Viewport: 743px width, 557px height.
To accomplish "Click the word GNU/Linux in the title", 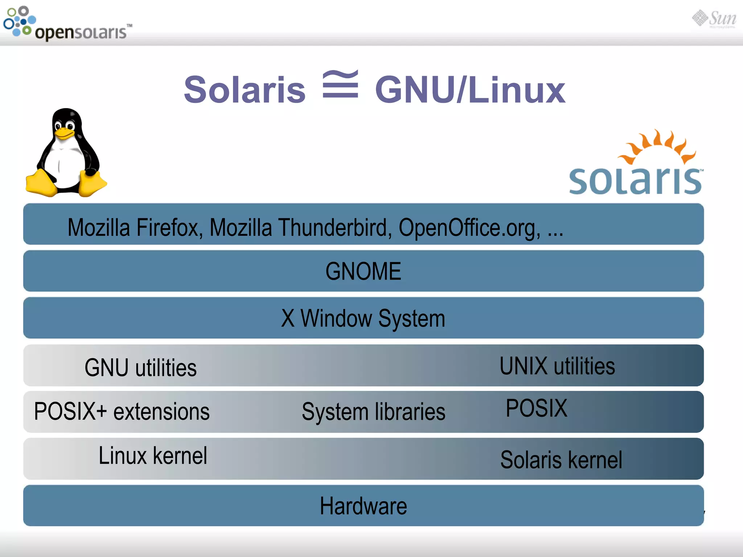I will [470, 90].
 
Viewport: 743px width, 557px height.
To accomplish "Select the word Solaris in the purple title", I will [245, 90].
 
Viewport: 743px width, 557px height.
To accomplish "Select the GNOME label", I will [363, 271].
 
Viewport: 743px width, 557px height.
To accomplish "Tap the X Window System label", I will [363, 318].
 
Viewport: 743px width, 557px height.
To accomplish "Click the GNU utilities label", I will [140, 368].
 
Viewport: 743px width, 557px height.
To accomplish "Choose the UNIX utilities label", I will [557, 366].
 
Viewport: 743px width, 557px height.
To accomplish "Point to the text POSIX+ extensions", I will [122, 412].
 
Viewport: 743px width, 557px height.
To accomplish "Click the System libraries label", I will [373, 412].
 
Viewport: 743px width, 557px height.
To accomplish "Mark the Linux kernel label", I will [153, 456].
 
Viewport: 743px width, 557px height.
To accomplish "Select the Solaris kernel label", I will [561, 460].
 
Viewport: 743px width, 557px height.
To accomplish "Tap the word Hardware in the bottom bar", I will [363, 506].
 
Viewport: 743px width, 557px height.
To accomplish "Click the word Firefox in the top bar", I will [169, 228].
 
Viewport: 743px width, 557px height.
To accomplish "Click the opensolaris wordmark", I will [81, 33].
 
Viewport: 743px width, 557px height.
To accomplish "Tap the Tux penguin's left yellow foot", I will [41, 183].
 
